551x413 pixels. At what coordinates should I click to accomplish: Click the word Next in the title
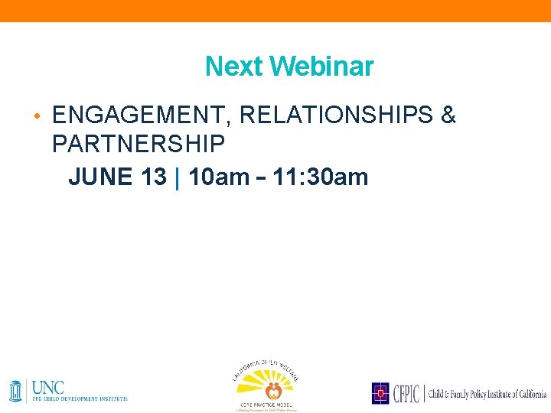click(x=234, y=67)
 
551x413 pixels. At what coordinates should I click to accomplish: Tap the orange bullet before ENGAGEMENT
click(x=36, y=116)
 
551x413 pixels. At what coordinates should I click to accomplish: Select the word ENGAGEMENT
click(x=142, y=115)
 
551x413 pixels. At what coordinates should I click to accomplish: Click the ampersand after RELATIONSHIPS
click(x=448, y=115)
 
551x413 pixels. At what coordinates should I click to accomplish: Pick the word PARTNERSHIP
click(x=139, y=143)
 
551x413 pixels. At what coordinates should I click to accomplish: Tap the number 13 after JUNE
click(x=153, y=177)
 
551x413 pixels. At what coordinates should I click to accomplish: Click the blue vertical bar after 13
click(x=178, y=177)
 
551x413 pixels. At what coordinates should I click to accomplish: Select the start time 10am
click(x=218, y=177)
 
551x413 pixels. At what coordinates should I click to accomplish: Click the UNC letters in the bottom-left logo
click(x=48, y=386)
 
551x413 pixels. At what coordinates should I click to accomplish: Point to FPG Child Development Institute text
click(x=80, y=398)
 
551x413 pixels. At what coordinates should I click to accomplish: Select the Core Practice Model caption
click(x=265, y=403)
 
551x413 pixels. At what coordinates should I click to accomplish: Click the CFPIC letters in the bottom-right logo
click(x=405, y=393)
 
